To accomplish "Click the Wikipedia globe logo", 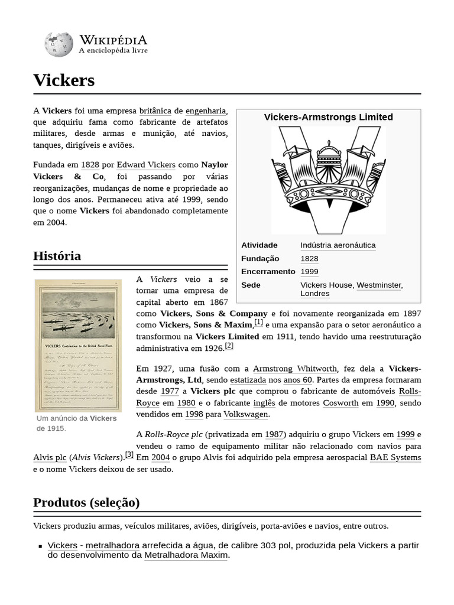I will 58,44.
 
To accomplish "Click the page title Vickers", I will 64,80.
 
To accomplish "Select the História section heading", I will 57,256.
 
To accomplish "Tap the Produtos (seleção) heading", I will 86,503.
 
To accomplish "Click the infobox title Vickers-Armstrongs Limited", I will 328,117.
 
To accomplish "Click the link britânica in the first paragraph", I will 155,110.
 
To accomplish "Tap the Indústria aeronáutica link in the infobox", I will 338,245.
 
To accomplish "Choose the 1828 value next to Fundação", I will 309,259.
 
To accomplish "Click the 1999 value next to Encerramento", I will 309,272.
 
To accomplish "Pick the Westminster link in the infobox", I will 378,285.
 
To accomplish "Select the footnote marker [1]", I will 259,322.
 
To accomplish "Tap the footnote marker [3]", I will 129,454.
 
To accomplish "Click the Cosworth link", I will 340,403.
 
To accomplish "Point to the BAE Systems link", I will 395,457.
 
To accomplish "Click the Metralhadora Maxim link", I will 186,555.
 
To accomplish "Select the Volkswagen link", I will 245,414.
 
